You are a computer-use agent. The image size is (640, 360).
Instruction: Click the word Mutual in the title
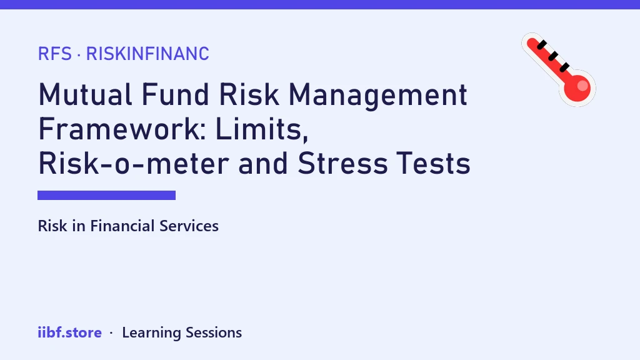point(85,95)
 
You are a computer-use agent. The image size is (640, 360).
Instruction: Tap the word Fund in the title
point(175,95)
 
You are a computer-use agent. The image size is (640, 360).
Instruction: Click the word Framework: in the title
point(122,129)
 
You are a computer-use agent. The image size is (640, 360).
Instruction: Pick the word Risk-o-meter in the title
point(134,163)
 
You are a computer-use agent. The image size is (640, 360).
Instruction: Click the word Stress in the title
point(342,163)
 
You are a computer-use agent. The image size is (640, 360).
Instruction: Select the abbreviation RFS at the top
point(55,54)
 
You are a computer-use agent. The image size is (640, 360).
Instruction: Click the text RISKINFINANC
point(147,54)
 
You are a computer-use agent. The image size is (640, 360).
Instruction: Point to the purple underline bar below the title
point(106,195)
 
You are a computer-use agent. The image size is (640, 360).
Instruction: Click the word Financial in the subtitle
point(122,226)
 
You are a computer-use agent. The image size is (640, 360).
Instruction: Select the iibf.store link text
point(70,332)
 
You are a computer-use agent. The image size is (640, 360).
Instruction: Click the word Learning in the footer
point(151,332)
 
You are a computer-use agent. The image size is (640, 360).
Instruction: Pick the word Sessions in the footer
point(214,332)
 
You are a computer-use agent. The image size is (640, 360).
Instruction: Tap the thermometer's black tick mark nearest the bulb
point(564,67)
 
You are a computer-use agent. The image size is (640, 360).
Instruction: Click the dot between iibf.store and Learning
point(111,333)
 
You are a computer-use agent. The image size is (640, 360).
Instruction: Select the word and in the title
point(263,163)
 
